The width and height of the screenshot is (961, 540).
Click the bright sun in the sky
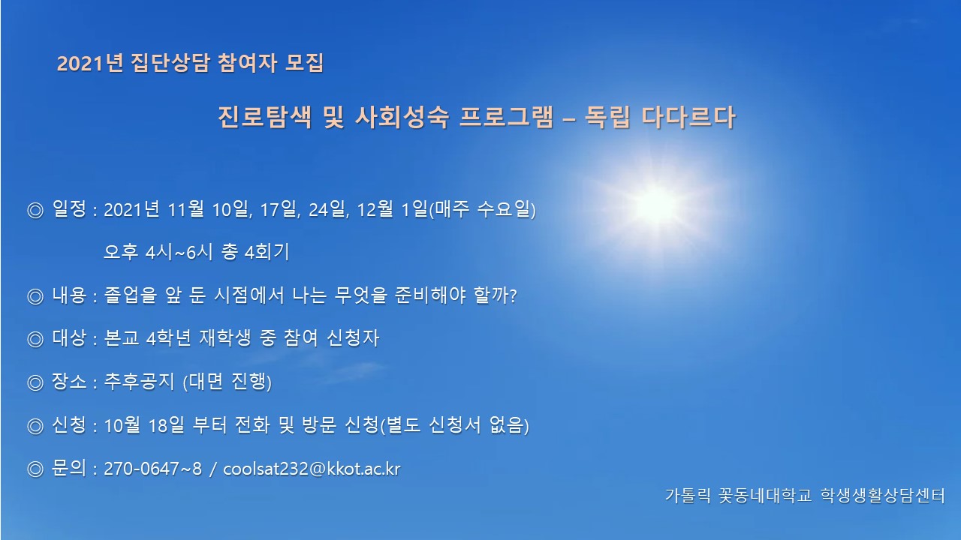pyautogui.click(x=656, y=205)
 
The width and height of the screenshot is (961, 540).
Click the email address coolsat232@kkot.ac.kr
pyautogui.click(x=312, y=469)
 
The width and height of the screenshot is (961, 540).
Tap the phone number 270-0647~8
pyautogui.click(x=152, y=469)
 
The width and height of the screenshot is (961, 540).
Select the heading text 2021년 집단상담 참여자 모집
pyautogui.click(x=190, y=63)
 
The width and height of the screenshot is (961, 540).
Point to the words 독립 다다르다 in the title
pyautogui.click(x=660, y=117)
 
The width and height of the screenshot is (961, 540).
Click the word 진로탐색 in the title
pyautogui.click(x=265, y=117)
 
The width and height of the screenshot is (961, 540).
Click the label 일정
pyautogui.click(x=69, y=209)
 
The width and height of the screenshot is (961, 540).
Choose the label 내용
pyautogui.click(x=69, y=295)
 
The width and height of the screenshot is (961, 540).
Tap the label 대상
pyautogui.click(x=69, y=338)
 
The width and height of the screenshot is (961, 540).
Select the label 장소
pyautogui.click(x=69, y=382)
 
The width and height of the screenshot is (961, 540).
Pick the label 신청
pyautogui.click(x=69, y=425)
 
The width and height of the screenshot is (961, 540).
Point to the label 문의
pyautogui.click(x=69, y=468)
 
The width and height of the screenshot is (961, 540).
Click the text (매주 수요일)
pyautogui.click(x=482, y=209)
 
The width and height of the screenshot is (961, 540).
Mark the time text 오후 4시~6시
pyautogui.click(x=158, y=251)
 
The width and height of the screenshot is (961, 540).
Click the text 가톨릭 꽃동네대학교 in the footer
pyautogui.click(x=738, y=496)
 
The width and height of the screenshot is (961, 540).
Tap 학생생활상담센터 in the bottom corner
pyautogui.click(x=883, y=496)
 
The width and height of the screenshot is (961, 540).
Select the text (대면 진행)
pyautogui.click(x=227, y=382)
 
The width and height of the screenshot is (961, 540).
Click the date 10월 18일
pyautogui.click(x=144, y=425)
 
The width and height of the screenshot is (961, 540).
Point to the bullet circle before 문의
pyautogui.click(x=35, y=469)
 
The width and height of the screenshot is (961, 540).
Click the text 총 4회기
pyautogui.click(x=255, y=251)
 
